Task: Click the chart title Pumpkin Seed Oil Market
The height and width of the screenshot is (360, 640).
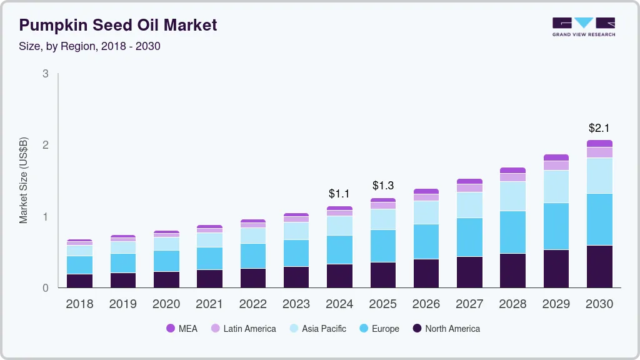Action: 118,25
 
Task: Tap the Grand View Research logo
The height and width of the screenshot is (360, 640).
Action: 583,27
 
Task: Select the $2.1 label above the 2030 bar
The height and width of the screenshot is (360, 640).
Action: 600,128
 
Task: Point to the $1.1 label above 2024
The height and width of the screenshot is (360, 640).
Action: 340,194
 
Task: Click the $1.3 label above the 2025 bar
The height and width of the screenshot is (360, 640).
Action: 383,186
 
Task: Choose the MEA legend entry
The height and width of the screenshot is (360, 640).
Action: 182,328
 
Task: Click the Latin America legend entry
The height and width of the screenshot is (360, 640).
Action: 243,328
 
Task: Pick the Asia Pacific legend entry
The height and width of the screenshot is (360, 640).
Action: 317,328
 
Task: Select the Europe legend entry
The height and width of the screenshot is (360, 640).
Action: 379,328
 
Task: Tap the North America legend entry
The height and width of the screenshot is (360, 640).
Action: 446,328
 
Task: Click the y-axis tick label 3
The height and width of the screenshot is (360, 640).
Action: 45,74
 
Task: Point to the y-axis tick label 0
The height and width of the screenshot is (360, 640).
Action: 45,288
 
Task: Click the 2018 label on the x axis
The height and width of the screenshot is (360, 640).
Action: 79,304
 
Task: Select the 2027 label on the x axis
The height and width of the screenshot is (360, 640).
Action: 470,304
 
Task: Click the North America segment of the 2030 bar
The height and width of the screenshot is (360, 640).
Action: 600,267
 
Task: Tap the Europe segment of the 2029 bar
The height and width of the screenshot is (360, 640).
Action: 556,226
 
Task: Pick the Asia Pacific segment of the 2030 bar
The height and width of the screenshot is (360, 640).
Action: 600,176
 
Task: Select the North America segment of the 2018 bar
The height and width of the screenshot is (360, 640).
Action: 79,281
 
